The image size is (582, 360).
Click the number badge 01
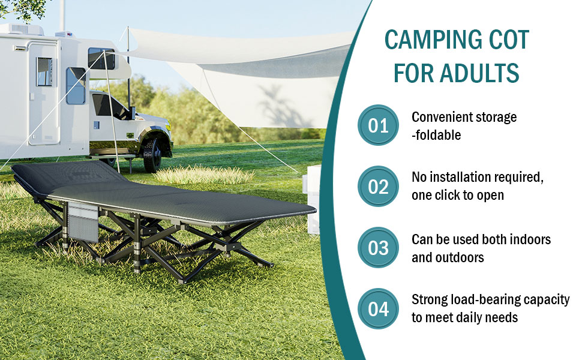378,125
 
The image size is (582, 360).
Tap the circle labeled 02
378,187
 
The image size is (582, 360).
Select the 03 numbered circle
378,248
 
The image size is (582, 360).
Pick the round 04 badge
378,309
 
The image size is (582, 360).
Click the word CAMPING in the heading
433,40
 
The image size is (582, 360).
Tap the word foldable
438,135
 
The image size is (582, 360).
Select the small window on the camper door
44,71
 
